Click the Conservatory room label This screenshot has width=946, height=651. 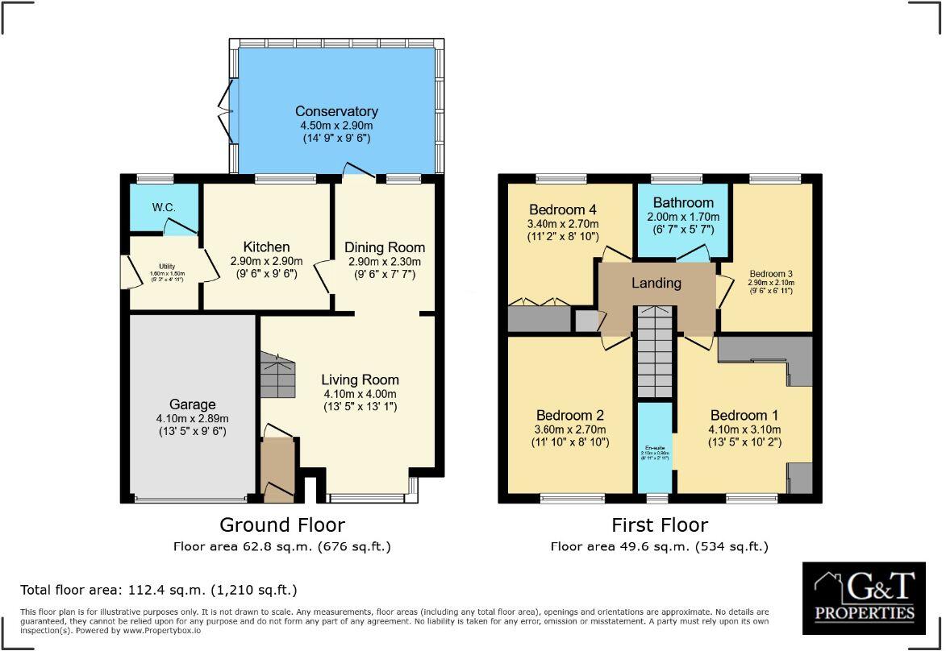click(x=335, y=111)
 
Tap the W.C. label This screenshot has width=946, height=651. click(x=165, y=207)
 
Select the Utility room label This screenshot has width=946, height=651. click(x=166, y=266)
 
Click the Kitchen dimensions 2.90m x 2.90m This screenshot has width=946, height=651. click(x=265, y=261)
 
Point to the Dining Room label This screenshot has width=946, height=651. click(x=385, y=247)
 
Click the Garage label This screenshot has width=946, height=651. click(x=192, y=404)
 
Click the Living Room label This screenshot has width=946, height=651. click(x=360, y=379)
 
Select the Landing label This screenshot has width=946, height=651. click(x=656, y=283)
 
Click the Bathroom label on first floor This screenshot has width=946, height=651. click(x=683, y=202)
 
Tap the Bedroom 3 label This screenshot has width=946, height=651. click(x=771, y=272)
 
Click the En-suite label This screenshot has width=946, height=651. click(x=653, y=448)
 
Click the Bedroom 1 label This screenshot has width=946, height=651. click(x=744, y=416)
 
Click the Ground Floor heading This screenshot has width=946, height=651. click(x=282, y=525)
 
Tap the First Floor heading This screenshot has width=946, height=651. click(x=659, y=525)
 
